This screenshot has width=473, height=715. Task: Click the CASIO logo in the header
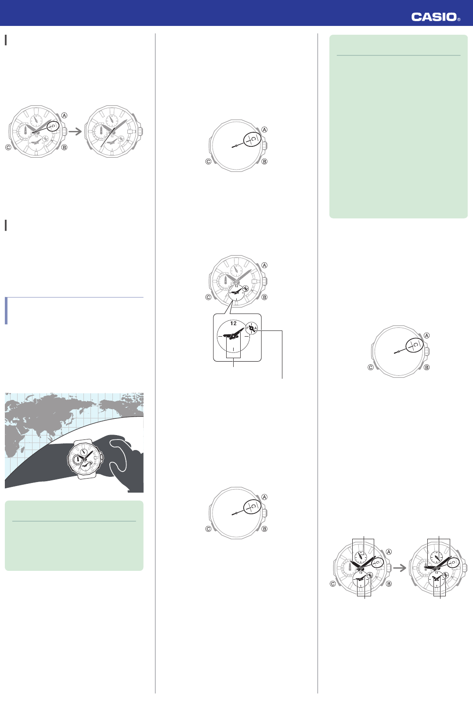pyautogui.click(x=434, y=17)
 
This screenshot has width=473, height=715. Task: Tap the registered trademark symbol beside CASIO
pyautogui.click(x=459, y=19)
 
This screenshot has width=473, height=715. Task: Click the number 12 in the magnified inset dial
pyautogui.click(x=234, y=323)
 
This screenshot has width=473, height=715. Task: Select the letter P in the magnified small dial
pyautogui.click(x=247, y=328)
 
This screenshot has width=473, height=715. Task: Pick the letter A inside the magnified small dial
pyautogui.click(x=256, y=328)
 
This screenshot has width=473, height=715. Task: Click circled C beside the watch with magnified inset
pyautogui.click(x=208, y=297)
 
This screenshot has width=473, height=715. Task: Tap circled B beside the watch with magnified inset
pyautogui.click(x=264, y=297)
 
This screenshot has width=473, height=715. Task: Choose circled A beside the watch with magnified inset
pyautogui.click(x=264, y=265)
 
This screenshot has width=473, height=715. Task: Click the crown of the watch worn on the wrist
pyautogui.click(x=102, y=457)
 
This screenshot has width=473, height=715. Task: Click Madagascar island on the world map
pyautogui.click(x=23, y=450)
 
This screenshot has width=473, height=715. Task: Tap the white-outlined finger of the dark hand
pyautogui.click(x=118, y=453)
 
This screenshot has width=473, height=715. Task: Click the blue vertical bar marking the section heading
pyautogui.click(x=6, y=311)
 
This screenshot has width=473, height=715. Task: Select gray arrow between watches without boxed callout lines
pyautogui.click(x=75, y=131)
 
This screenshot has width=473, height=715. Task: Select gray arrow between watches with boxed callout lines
pyautogui.click(x=399, y=568)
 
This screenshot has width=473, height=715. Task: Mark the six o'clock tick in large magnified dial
pyautogui.click(x=234, y=349)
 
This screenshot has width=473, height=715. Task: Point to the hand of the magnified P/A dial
pyautogui.click(x=252, y=328)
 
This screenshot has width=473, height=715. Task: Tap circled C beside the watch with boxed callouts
pyautogui.click(x=332, y=584)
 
